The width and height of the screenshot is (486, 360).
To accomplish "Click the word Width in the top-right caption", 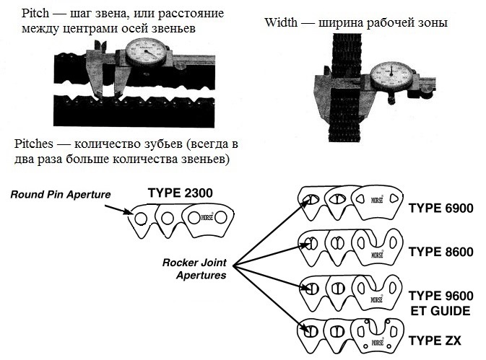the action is pos(281,23).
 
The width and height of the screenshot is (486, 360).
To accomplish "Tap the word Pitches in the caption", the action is pos(33,144).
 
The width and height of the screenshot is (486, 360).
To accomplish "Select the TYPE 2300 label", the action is pos(181,193).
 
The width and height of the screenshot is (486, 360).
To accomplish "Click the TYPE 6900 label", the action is pos(441,208).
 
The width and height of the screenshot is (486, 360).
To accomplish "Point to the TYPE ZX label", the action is pos(435,341).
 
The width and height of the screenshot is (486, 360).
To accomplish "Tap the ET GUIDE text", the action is pos(440,311).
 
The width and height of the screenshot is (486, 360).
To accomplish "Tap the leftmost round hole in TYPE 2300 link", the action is pos(141,218).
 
